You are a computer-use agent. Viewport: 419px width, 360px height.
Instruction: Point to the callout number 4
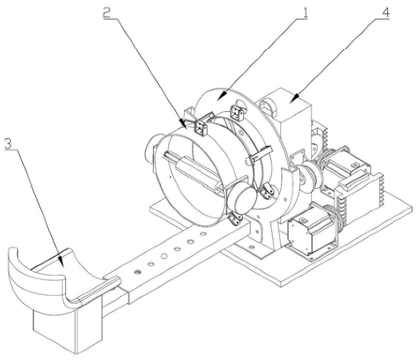click(x=386, y=13)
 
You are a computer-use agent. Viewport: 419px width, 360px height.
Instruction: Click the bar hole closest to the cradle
click(x=137, y=272)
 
